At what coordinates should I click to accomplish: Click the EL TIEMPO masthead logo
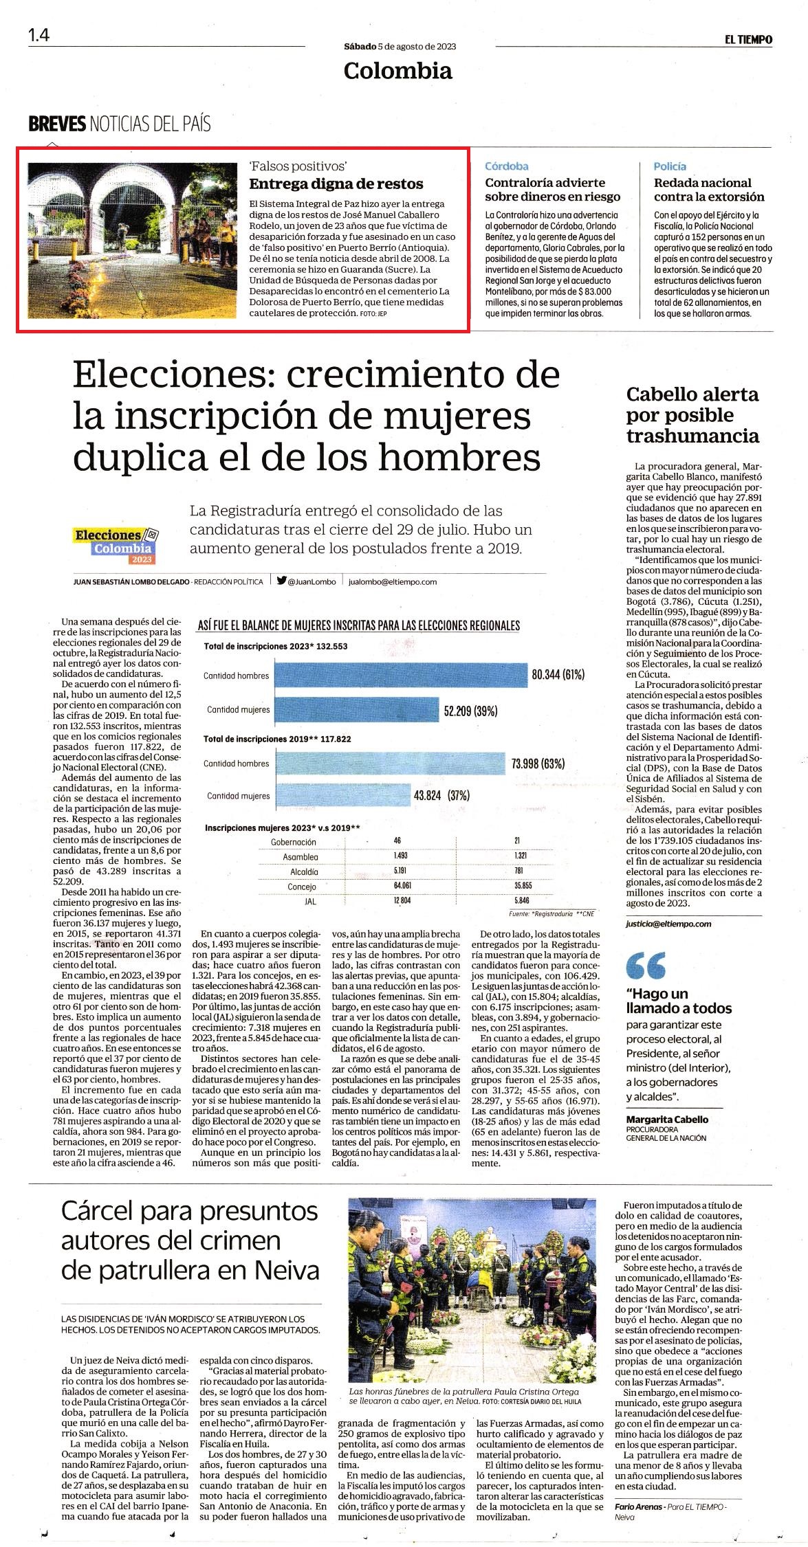[x=747, y=40]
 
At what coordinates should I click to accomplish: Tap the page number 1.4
[x=39, y=35]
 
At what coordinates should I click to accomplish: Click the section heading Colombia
[x=398, y=70]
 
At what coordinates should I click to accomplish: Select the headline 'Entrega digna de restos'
[x=336, y=184]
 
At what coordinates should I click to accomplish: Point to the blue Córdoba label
[x=507, y=166]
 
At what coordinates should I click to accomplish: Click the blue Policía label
[x=670, y=166]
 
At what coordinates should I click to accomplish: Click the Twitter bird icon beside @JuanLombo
[x=281, y=580]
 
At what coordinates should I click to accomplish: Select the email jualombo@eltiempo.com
[x=393, y=581]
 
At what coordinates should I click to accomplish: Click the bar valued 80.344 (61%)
[x=401, y=675]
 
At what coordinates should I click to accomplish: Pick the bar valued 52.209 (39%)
[x=357, y=710]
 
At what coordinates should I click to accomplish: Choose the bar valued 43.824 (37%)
[x=343, y=796]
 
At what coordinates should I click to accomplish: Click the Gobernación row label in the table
[x=294, y=842]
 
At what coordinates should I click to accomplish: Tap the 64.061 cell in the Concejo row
[x=402, y=886]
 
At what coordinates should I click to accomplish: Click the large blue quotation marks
[x=646, y=965]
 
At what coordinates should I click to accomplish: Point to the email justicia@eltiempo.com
[x=668, y=924]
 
